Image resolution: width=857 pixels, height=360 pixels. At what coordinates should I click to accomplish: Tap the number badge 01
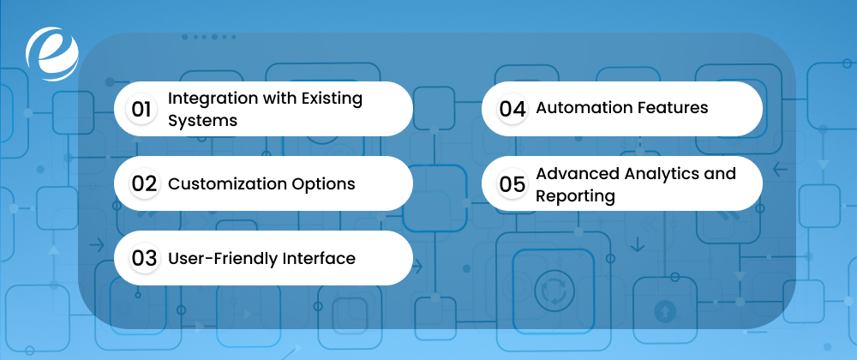pyautogui.click(x=141, y=109)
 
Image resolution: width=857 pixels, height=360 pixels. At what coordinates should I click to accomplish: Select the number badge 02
pyautogui.click(x=142, y=183)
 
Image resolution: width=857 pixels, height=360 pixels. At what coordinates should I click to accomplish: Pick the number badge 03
pyautogui.click(x=142, y=258)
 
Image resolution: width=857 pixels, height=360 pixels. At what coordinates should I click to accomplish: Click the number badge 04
pyautogui.click(x=512, y=109)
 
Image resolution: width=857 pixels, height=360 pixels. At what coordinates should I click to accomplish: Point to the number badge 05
pyautogui.click(x=512, y=183)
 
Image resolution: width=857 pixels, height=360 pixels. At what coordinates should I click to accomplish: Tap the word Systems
pyautogui.click(x=202, y=120)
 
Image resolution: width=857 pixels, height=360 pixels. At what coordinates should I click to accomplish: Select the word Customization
pyautogui.click(x=227, y=183)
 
